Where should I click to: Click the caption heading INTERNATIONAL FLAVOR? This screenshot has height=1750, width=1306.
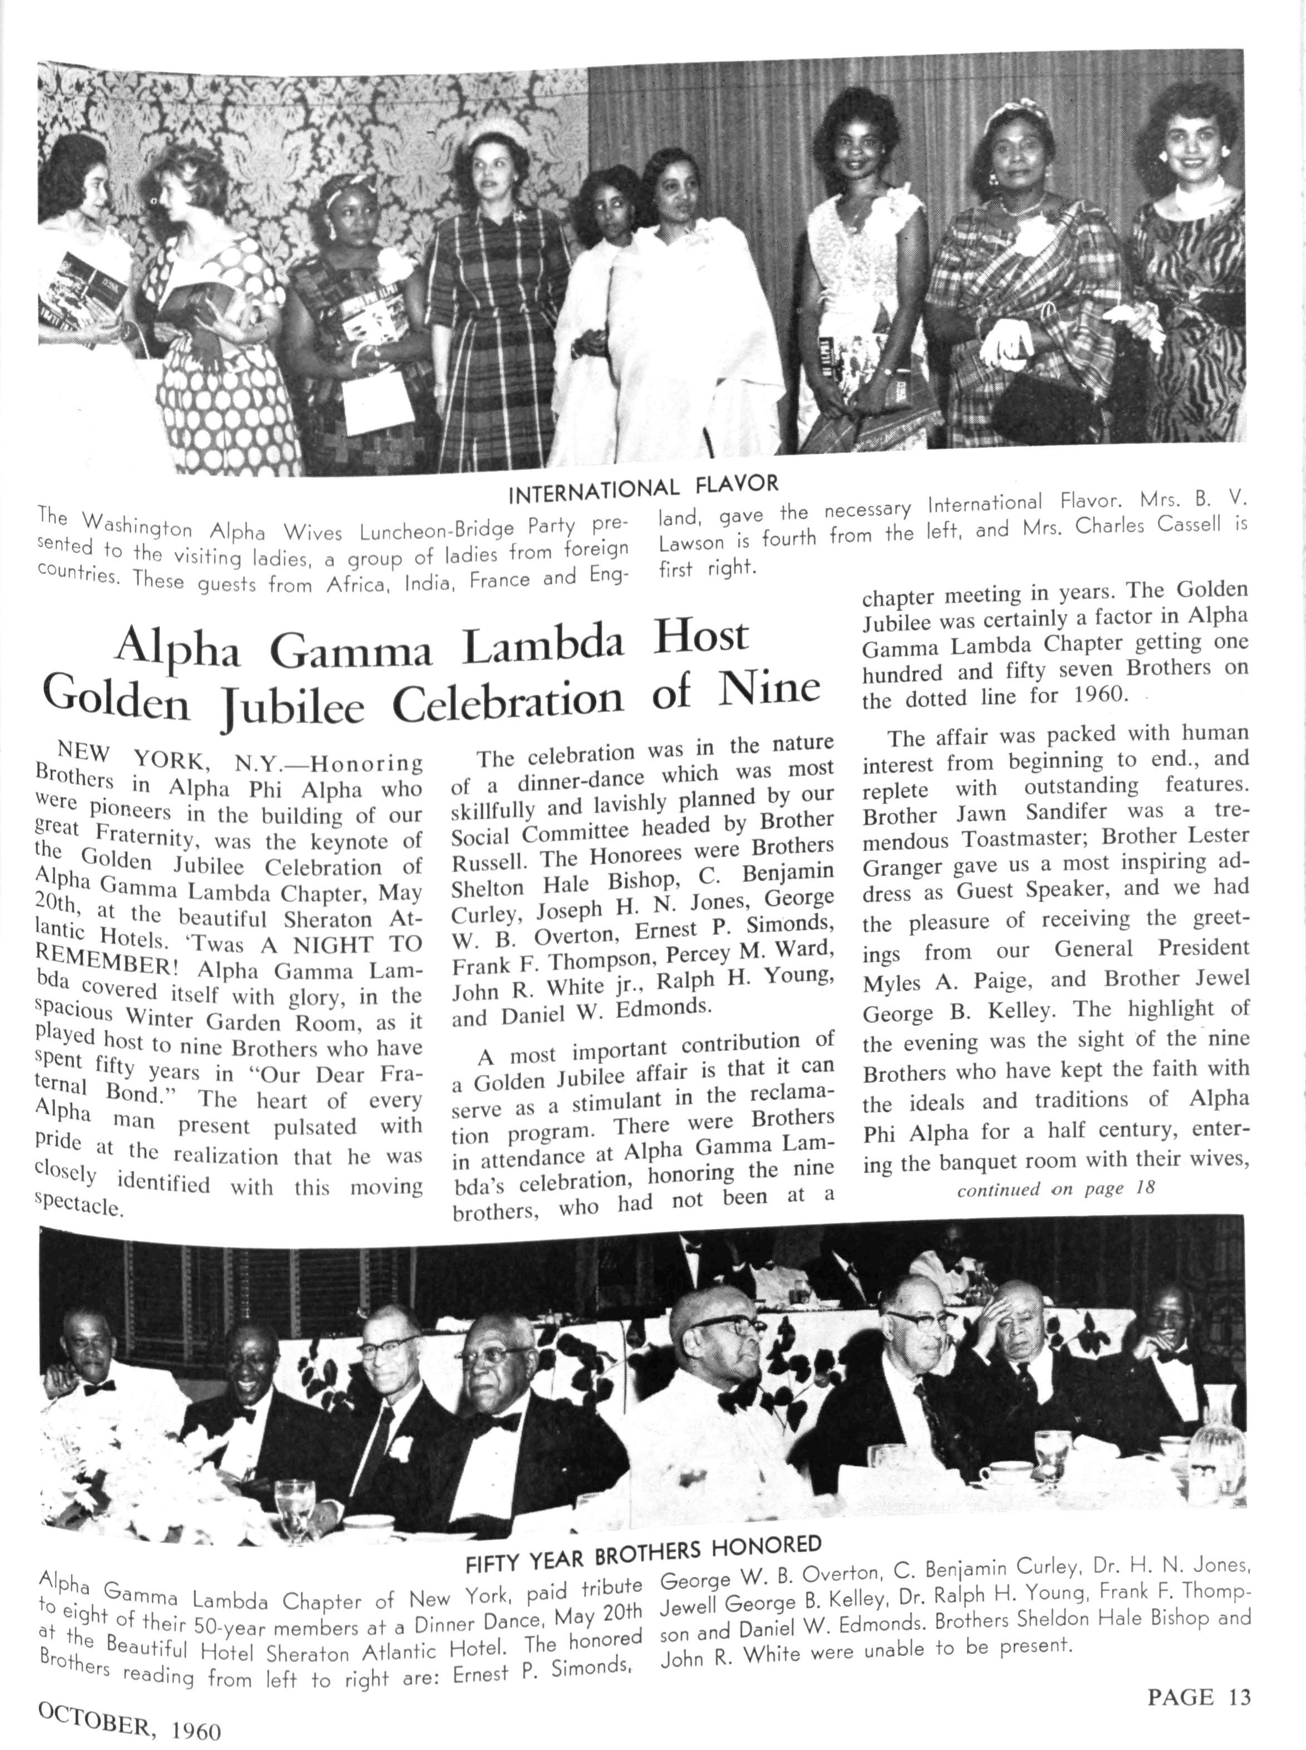pyautogui.click(x=643, y=490)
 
